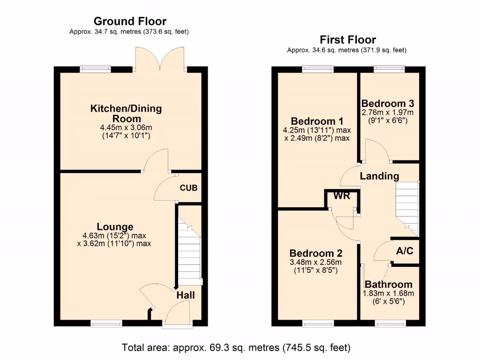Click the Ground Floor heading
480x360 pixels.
[130, 21]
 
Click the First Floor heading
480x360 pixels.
[348, 39]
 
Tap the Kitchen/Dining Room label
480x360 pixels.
[126, 113]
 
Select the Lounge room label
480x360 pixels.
[115, 227]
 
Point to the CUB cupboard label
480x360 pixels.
[188, 187]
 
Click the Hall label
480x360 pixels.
[185, 295]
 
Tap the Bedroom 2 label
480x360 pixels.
[315, 252]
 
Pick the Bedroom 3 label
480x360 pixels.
[387, 104]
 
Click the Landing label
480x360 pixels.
[379, 176]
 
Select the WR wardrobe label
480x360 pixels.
[342, 196]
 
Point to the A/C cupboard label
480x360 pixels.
[405, 251]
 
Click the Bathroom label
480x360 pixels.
[389, 284]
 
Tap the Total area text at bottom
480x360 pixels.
[236, 348]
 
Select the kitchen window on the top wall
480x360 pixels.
[95, 69]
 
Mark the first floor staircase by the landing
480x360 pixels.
[407, 206]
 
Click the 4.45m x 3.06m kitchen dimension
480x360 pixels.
[126, 127]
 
